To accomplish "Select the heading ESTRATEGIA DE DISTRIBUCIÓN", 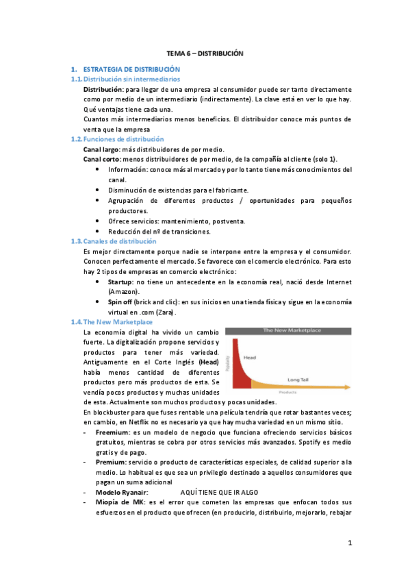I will [131, 70].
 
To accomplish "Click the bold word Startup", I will [120, 282].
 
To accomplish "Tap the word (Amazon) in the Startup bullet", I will [124, 292].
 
